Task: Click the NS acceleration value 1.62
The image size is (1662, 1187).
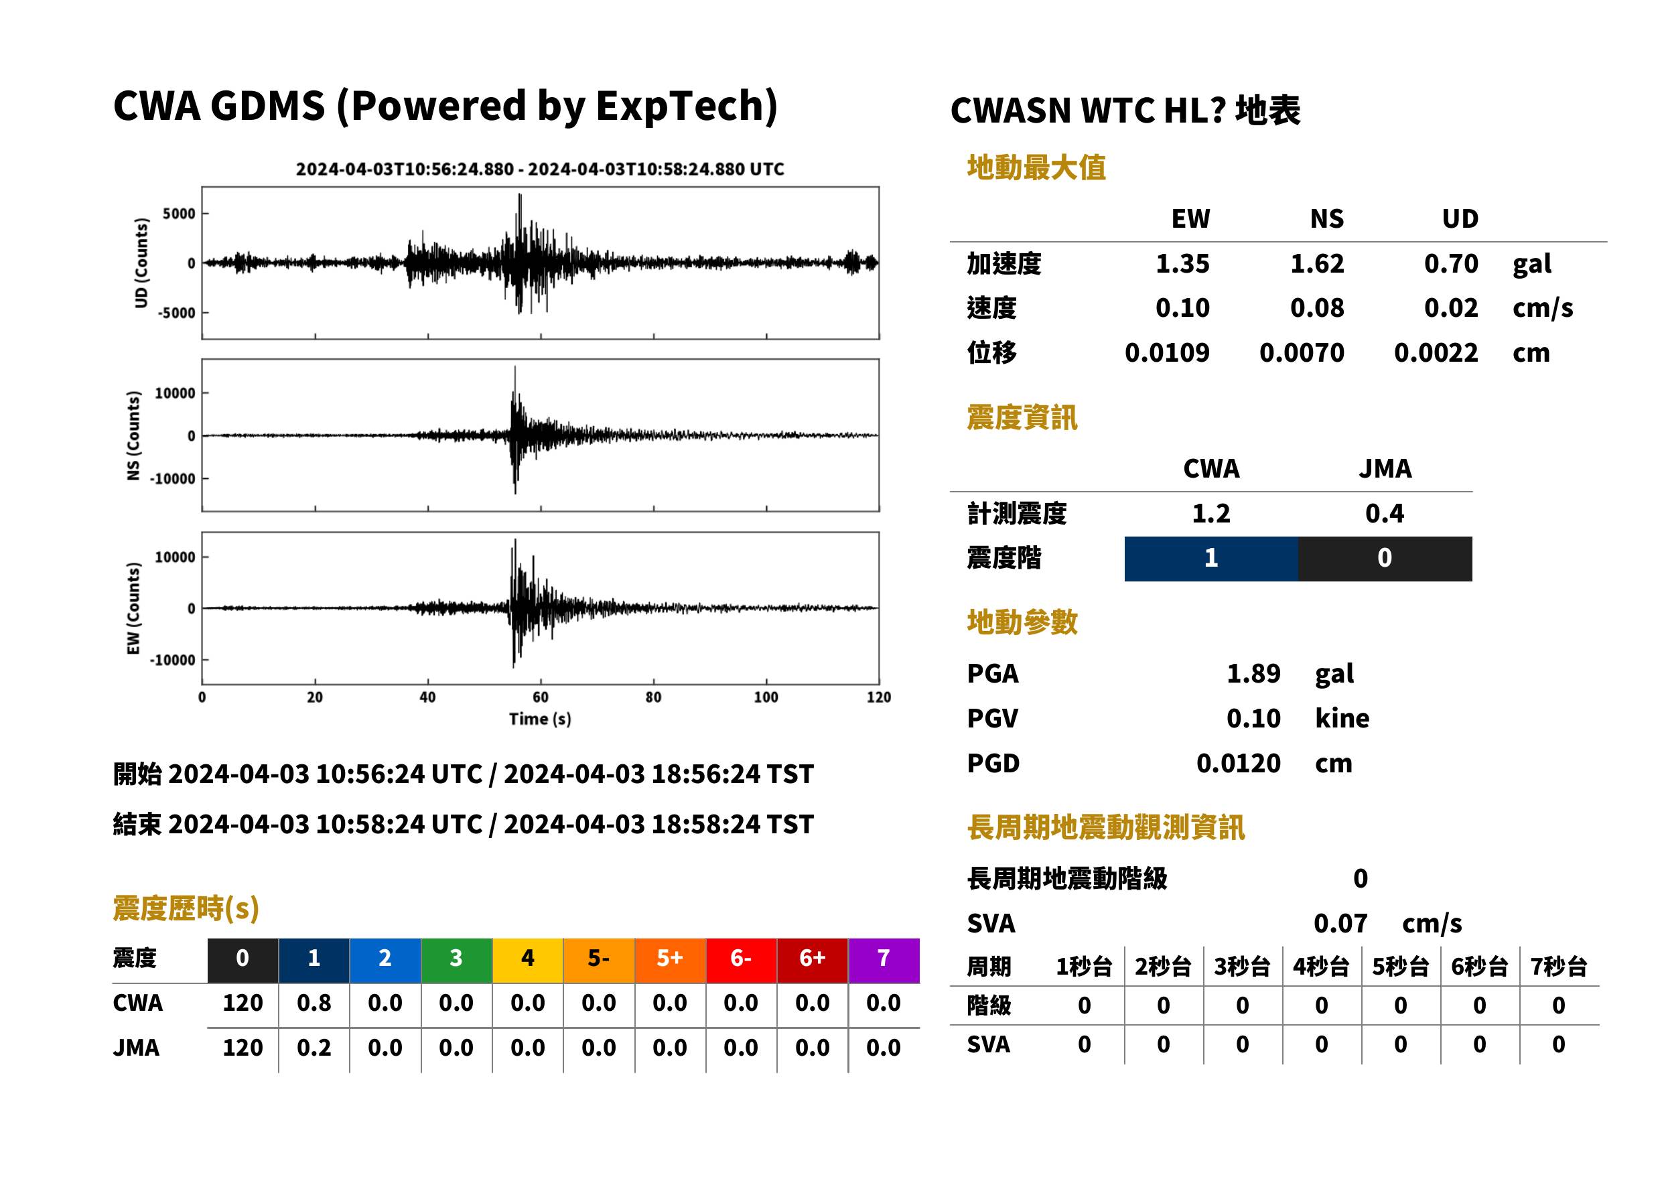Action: [1316, 263]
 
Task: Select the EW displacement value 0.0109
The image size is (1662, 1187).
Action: [1166, 353]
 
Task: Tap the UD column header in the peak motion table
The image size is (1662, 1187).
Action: [1460, 218]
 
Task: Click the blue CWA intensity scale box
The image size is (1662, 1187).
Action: [1211, 559]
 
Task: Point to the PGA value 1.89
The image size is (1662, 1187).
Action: [1253, 673]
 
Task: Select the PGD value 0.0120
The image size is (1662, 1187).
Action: [1238, 763]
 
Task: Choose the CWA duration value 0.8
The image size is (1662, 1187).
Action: [314, 1003]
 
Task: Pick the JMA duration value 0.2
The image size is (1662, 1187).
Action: [314, 1048]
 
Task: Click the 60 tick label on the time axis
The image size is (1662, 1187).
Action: [540, 697]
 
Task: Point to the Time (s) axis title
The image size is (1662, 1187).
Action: [540, 719]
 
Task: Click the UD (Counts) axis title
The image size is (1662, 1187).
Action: [141, 263]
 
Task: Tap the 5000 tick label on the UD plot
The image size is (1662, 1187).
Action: [179, 214]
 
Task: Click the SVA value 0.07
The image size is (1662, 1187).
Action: [1340, 923]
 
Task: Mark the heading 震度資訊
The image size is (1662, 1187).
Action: [1022, 418]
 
